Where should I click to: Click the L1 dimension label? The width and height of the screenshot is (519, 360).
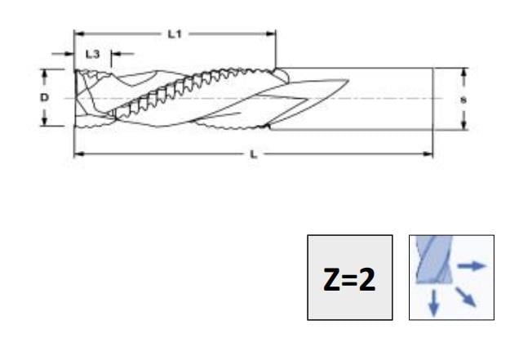point(173,33)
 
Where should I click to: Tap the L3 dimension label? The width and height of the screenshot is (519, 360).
point(92,54)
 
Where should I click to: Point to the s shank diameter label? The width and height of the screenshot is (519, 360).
point(464,98)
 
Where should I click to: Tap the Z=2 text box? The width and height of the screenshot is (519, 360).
point(349,278)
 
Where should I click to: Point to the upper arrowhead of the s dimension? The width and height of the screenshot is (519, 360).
point(464,73)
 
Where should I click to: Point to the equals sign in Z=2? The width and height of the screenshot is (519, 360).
point(350,279)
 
